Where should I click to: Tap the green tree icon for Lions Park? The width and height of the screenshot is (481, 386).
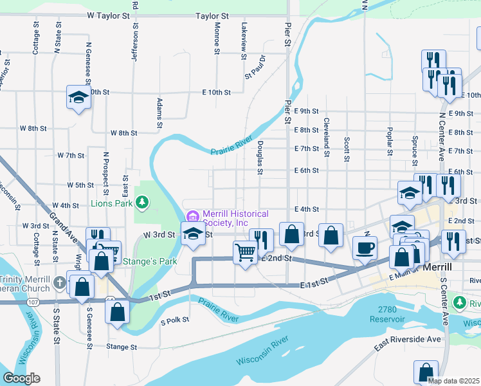point(141,204)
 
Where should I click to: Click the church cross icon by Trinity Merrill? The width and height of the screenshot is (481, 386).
point(59,280)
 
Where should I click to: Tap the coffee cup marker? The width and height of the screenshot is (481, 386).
point(365,248)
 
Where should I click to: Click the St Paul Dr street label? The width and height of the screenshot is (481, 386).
point(255,67)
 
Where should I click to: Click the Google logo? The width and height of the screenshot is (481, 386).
point(21,378)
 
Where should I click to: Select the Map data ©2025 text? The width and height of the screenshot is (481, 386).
point(453,380)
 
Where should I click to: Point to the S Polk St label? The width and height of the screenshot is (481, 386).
point(174,320)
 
